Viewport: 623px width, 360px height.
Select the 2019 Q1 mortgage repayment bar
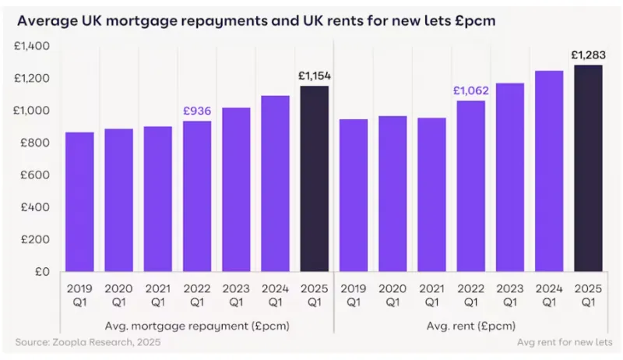79,202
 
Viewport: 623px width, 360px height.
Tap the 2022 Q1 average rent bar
471,186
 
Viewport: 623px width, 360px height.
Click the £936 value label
197,111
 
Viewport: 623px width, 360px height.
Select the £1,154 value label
315,76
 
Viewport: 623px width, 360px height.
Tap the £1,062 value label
470,91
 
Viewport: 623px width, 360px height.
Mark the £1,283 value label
589,55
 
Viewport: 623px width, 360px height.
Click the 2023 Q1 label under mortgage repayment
236,294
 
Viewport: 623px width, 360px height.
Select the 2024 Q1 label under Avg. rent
549,294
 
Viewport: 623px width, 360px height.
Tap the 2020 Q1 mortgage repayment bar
118,200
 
